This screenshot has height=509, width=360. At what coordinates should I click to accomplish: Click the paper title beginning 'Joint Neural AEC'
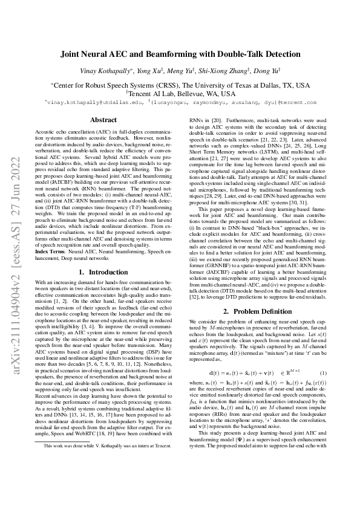click(x=180, y=54)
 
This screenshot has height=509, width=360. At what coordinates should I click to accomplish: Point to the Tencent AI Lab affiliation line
click(x=180, y=94)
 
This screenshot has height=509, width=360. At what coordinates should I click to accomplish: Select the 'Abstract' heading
click(x=103, y=120)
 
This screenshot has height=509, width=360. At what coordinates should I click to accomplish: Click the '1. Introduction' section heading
click(x=103, y=273)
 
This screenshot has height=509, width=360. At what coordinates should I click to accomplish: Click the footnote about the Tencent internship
click(x=96, y=480)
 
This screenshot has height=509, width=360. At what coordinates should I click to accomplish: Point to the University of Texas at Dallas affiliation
click(x=180, y=85)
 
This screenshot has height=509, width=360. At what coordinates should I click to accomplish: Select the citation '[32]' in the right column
click(x=194, y=293)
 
